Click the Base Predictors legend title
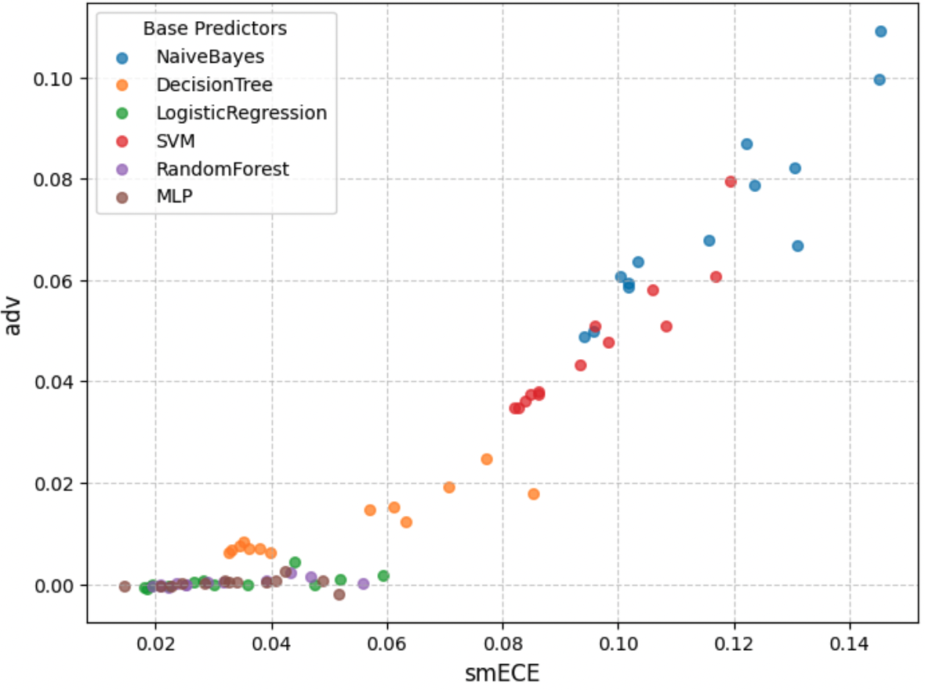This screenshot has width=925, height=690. pyautogui.click(x=215, y=29)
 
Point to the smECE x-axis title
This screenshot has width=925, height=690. pyautogui.click(x=502, y=671)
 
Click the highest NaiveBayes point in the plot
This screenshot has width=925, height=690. pyautogui.click(x=880, y=31)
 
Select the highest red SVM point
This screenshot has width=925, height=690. pyautogui.click(x=731, y=182)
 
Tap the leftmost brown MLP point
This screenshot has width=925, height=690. pyautogui.click(x=125, y=586)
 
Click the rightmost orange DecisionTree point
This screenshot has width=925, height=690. pyautogui.click(x=534, y=494)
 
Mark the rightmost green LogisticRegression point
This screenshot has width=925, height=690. pyautogui.click(x=383, y=576)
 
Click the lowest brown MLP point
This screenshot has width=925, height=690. pyautogui.click(x=339, y=594)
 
